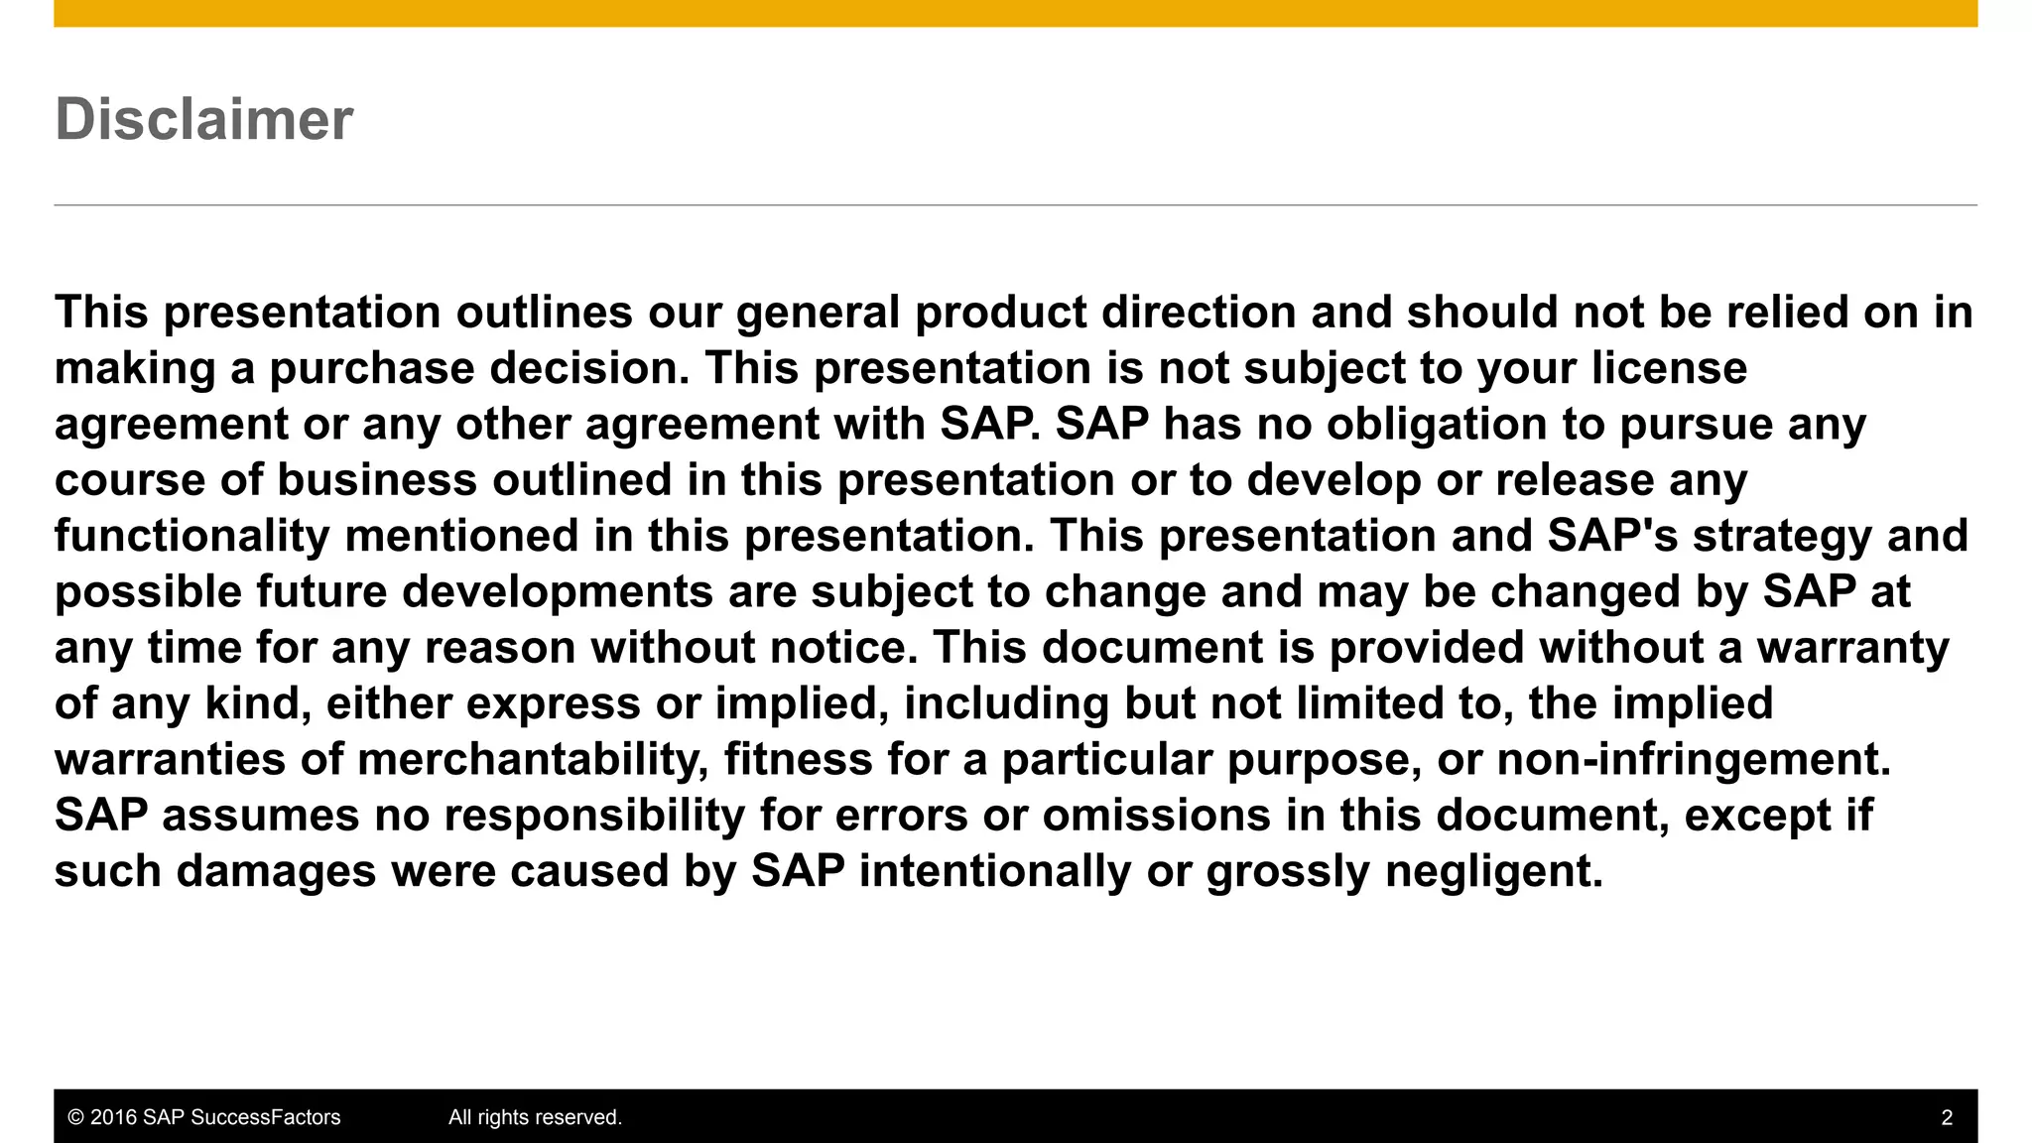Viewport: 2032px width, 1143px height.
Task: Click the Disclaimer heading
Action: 203,120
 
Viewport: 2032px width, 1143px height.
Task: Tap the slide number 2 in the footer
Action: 1947,1117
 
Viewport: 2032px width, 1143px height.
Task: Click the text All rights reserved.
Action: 535,1117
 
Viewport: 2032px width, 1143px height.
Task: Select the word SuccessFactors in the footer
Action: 265,1117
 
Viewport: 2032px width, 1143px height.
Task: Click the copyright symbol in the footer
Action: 75,1117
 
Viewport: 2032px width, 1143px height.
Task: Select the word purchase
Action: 371,369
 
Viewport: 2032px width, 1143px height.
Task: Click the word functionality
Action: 191,537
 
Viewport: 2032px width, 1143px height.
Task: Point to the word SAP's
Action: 1612,537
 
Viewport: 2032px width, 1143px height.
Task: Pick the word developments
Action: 558,592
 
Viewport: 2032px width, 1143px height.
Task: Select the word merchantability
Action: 533,760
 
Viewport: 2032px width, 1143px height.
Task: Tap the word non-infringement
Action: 1693,760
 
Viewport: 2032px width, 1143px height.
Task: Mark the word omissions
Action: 1156,816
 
